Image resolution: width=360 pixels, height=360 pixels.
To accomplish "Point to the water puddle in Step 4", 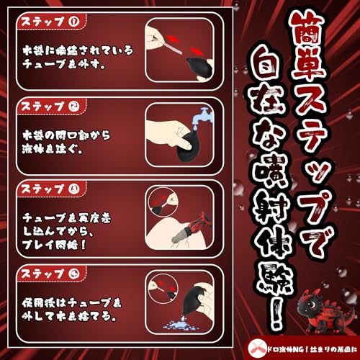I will click(177, 328).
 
